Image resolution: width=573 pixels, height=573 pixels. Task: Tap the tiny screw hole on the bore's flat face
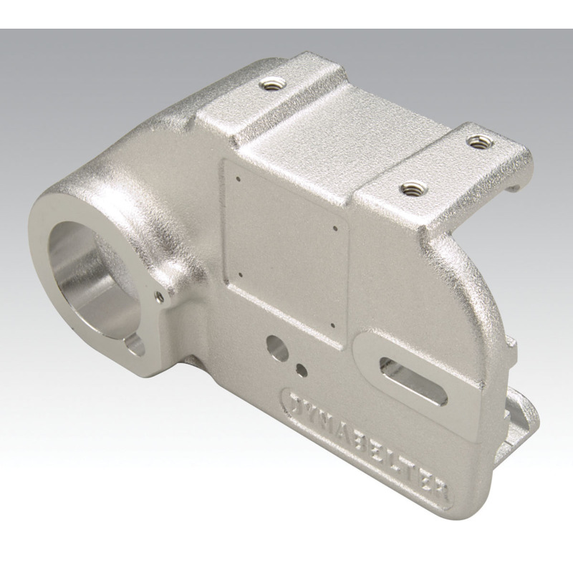coord(158,293)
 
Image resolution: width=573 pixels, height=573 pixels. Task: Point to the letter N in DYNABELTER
coord(327,420)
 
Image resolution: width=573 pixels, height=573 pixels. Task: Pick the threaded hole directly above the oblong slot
coord(411,190)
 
